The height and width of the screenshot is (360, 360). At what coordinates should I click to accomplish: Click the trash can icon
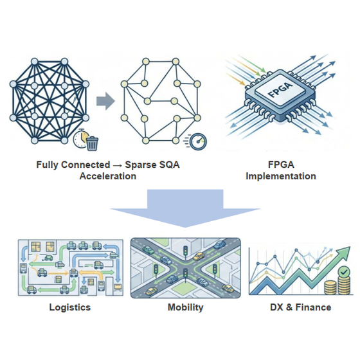click(x=93, y=143)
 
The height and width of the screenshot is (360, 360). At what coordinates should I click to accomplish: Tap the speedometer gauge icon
click(x=199, y=141)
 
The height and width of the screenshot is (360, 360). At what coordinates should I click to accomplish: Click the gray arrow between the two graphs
click(x=105, y=101)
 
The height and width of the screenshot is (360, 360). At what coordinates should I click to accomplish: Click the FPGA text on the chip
click(x=280, y=89)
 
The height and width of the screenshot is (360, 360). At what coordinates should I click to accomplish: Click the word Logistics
click(x=70, y=307)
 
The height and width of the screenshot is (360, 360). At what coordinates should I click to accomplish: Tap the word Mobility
click(x=186, y=307)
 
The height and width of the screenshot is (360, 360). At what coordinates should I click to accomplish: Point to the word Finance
click(x=313, y=307)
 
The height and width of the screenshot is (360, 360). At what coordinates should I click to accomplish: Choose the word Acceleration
click(x=108, y=176)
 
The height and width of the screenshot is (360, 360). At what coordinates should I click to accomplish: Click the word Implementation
click(x=281, y=176)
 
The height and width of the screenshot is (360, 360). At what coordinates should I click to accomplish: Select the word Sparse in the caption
click(x=140, y=165)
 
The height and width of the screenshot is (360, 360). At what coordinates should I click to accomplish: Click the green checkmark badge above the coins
click(x=344, y=272)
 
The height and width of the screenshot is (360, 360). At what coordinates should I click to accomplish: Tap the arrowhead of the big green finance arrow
click(x=344, y=253)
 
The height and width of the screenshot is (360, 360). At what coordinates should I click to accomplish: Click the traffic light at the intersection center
click(x=185, y=273)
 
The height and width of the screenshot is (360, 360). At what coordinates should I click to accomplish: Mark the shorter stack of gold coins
click(x=330, y=288)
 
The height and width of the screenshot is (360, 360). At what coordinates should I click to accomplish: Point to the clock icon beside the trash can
click(x=81, y=138)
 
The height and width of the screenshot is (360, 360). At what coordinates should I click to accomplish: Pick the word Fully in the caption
click(x=47, y=165)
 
